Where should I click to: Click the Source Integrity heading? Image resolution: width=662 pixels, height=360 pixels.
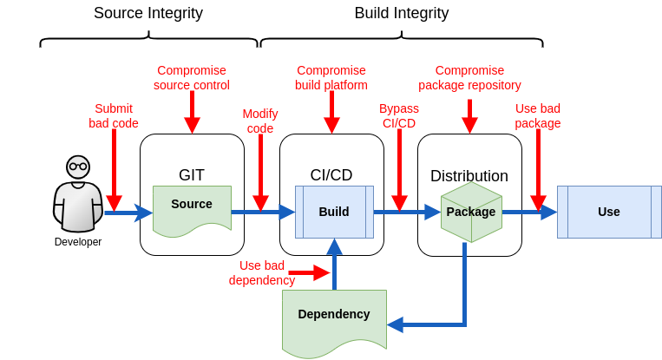click(x=148, y=13)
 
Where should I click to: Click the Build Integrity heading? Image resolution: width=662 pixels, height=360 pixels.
click(x=401, y=13)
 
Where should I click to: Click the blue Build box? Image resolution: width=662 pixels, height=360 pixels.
click(x=334, y=212)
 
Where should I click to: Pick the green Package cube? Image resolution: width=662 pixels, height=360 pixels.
click(x=471, y=212)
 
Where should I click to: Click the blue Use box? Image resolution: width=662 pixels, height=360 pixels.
click(x=608, y=212)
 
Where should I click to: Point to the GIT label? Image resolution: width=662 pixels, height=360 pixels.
click(x=192, y=175)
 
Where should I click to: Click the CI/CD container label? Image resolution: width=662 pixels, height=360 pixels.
click(x=331, y=175)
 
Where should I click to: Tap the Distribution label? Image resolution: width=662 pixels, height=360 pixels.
click(x=469, y=176)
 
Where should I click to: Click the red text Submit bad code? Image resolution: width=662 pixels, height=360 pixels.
click(x=114, y=116)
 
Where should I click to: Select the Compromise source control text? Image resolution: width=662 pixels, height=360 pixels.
click(x=192, y=78)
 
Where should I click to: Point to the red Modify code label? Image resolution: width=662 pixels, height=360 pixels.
click(x=260, y=121)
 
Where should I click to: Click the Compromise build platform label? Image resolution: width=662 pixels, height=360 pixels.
click(x=331, y=78)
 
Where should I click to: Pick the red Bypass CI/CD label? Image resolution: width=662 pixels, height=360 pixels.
click(x=399, y=116)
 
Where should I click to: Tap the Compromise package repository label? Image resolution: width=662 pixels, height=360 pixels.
click(x=469, y=78)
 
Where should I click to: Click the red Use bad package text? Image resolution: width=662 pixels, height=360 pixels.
click(x=538, y=116)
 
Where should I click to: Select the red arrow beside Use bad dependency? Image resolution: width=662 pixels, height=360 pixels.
click(x=309, y=273)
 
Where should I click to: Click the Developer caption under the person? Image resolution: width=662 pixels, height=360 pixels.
click(x=78, y=242)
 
